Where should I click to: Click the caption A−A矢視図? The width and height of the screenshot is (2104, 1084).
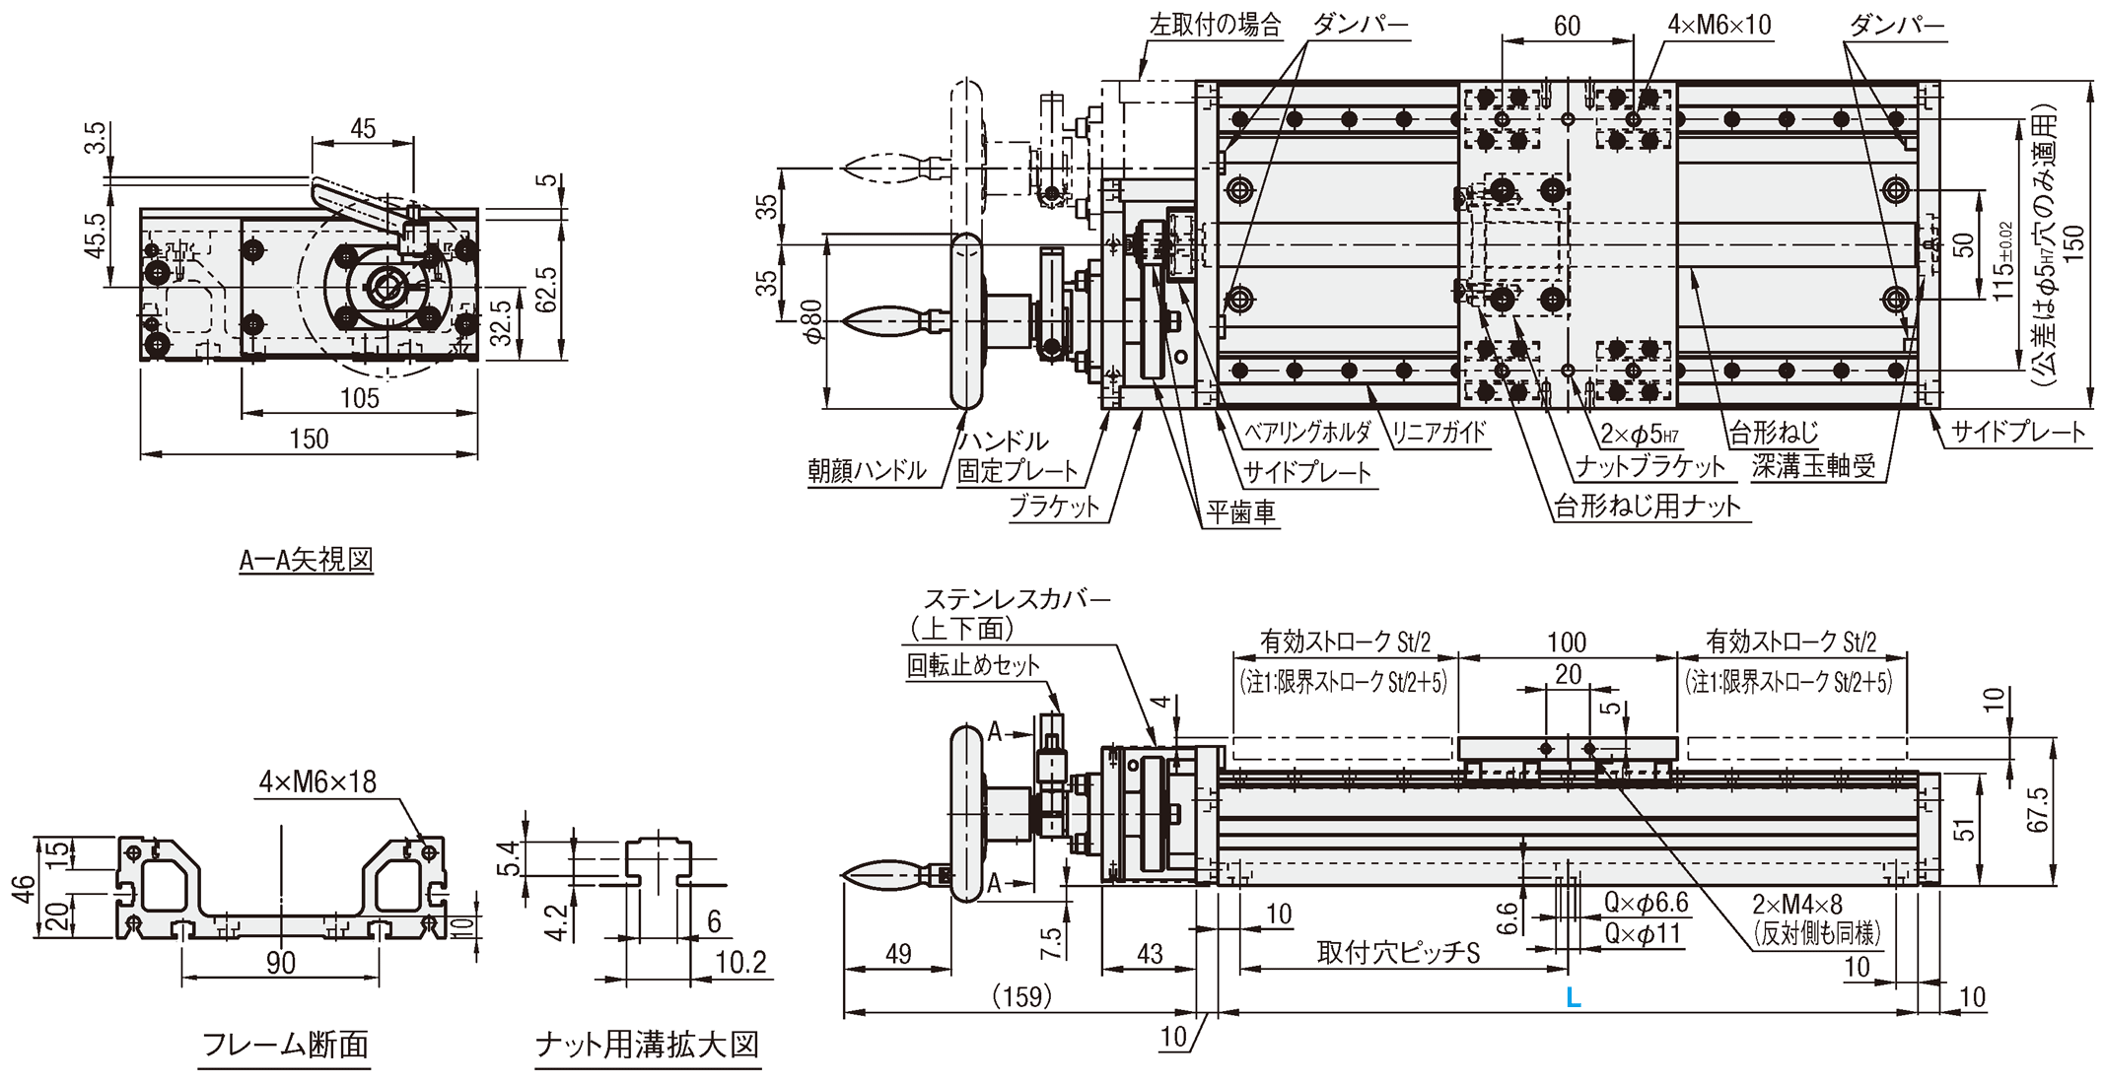tap(307, 561)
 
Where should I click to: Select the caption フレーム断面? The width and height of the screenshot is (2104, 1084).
tap(284, 1045)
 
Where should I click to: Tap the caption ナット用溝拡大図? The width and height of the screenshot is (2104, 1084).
tap(648, 1045)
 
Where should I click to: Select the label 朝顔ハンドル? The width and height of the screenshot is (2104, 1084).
tap(868, 471)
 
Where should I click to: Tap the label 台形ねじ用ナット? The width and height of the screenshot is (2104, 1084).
tap(1648, 507)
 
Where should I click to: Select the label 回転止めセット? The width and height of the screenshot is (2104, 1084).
tap(973, 666)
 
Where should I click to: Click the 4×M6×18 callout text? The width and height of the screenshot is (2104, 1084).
tap(317, 781)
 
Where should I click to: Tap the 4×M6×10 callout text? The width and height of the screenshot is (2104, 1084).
tap(1719, 25)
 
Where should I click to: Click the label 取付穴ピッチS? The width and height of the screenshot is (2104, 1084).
tap(1399, 954)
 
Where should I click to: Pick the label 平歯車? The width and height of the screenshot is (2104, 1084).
tap(1240, 512)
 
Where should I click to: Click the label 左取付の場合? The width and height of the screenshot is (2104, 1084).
tap(1215, 25)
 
